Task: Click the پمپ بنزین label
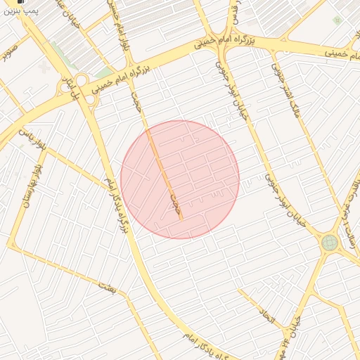[20, 11]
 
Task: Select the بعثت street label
[106, 285]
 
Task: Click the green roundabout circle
[329, 243]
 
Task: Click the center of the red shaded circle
[180, 179]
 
